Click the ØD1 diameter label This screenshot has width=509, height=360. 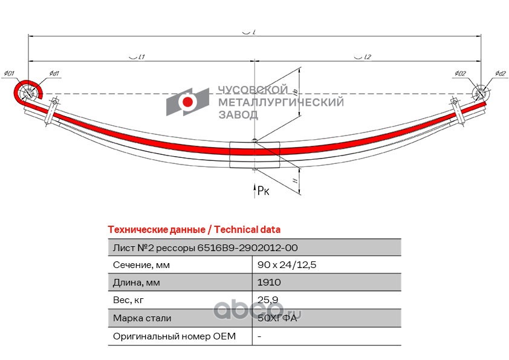[8, 74]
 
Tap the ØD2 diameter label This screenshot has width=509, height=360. [461, 74]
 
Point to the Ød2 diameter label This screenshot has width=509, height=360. [499, 74]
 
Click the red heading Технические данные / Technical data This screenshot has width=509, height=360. [193, 230]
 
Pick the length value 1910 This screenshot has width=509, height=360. [268, 283]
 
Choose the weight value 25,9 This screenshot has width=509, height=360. [267, 300]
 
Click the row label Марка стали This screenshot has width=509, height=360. [142, 318]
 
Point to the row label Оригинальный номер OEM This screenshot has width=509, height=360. [174, 336]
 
